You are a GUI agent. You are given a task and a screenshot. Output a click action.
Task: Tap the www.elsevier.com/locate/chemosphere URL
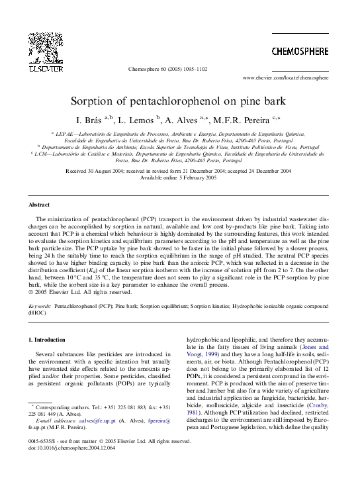[291, 77]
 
